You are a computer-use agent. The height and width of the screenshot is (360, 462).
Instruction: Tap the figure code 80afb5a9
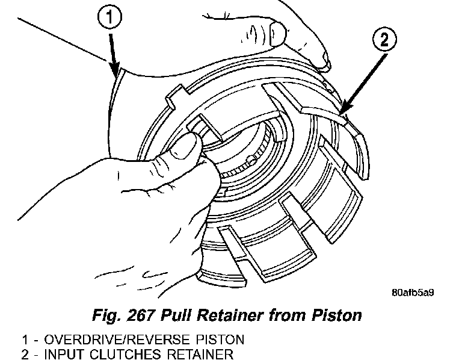(412, 293)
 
